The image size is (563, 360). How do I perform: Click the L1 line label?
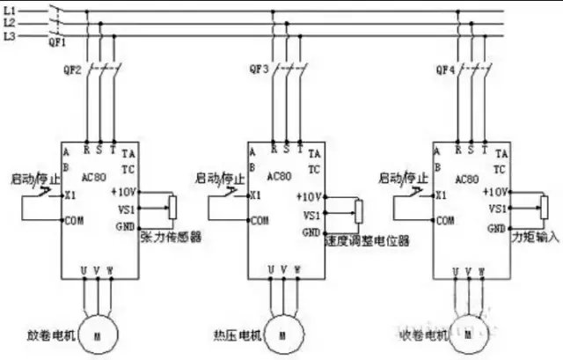(9, 11)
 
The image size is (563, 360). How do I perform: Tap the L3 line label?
(9, 36)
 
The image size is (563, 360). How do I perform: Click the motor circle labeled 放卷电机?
(99, 335)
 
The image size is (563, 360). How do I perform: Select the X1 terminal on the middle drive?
(255, 195)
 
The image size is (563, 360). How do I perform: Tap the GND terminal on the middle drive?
(311, 232)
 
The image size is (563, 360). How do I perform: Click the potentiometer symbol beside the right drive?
(544, 207)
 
